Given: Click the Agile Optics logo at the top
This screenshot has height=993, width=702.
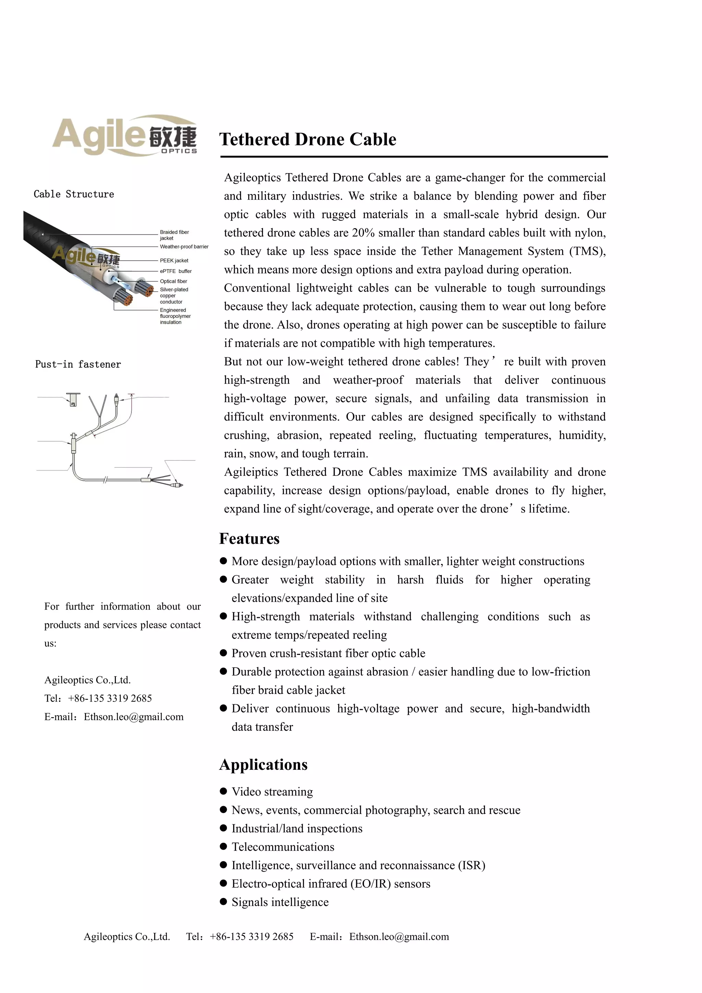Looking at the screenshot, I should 125,135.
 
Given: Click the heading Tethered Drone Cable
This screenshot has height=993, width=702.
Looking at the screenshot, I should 307,139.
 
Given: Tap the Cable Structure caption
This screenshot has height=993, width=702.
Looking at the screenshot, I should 74,194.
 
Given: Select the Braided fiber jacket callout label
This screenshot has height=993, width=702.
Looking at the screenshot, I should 174,235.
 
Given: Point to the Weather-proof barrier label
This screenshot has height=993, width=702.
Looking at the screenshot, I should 184,247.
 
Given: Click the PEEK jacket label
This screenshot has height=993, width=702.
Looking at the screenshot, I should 174,260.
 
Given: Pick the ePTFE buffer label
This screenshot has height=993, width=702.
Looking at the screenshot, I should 175,271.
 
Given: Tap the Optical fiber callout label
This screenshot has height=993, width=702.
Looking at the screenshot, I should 173,281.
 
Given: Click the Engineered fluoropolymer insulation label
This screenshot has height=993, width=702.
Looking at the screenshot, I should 175,316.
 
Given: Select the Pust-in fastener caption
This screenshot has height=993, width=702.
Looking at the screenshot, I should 78,364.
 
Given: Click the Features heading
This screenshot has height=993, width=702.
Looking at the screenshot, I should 250,538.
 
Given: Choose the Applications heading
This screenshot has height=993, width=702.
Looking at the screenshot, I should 263,765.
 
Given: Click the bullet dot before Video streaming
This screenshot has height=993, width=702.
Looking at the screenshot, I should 223,791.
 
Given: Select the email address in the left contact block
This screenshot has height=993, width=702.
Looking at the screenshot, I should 134,717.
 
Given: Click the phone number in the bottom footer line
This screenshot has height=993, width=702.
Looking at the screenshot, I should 251,936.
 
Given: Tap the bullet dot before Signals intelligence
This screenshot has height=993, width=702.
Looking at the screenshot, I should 223,902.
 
